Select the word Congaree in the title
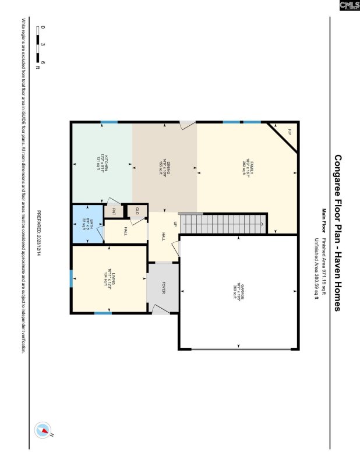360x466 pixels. point(337,171)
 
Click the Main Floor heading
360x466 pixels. point(323,216)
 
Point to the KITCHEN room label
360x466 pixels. point(101,158)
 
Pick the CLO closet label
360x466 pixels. point(137,211)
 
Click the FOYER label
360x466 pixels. point(164,288)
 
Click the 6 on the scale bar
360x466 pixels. point(43,62)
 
